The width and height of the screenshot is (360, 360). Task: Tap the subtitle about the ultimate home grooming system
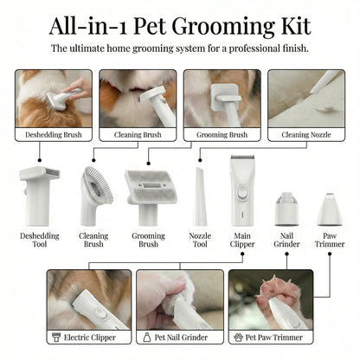coord(180,49)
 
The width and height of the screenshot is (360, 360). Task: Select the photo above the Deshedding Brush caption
coord(53,97)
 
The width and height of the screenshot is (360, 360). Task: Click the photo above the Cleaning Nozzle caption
coord(306,97)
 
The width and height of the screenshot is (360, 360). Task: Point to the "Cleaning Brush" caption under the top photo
coord(138,135)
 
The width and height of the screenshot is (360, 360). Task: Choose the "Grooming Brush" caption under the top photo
coord(222,135)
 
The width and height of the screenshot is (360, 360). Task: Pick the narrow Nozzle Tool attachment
coord(199,197)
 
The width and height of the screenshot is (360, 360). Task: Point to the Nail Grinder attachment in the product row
coord(285,209)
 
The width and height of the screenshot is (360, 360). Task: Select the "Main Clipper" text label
coord(243,240)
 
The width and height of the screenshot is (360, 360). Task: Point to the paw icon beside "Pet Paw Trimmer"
coord(238,337)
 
